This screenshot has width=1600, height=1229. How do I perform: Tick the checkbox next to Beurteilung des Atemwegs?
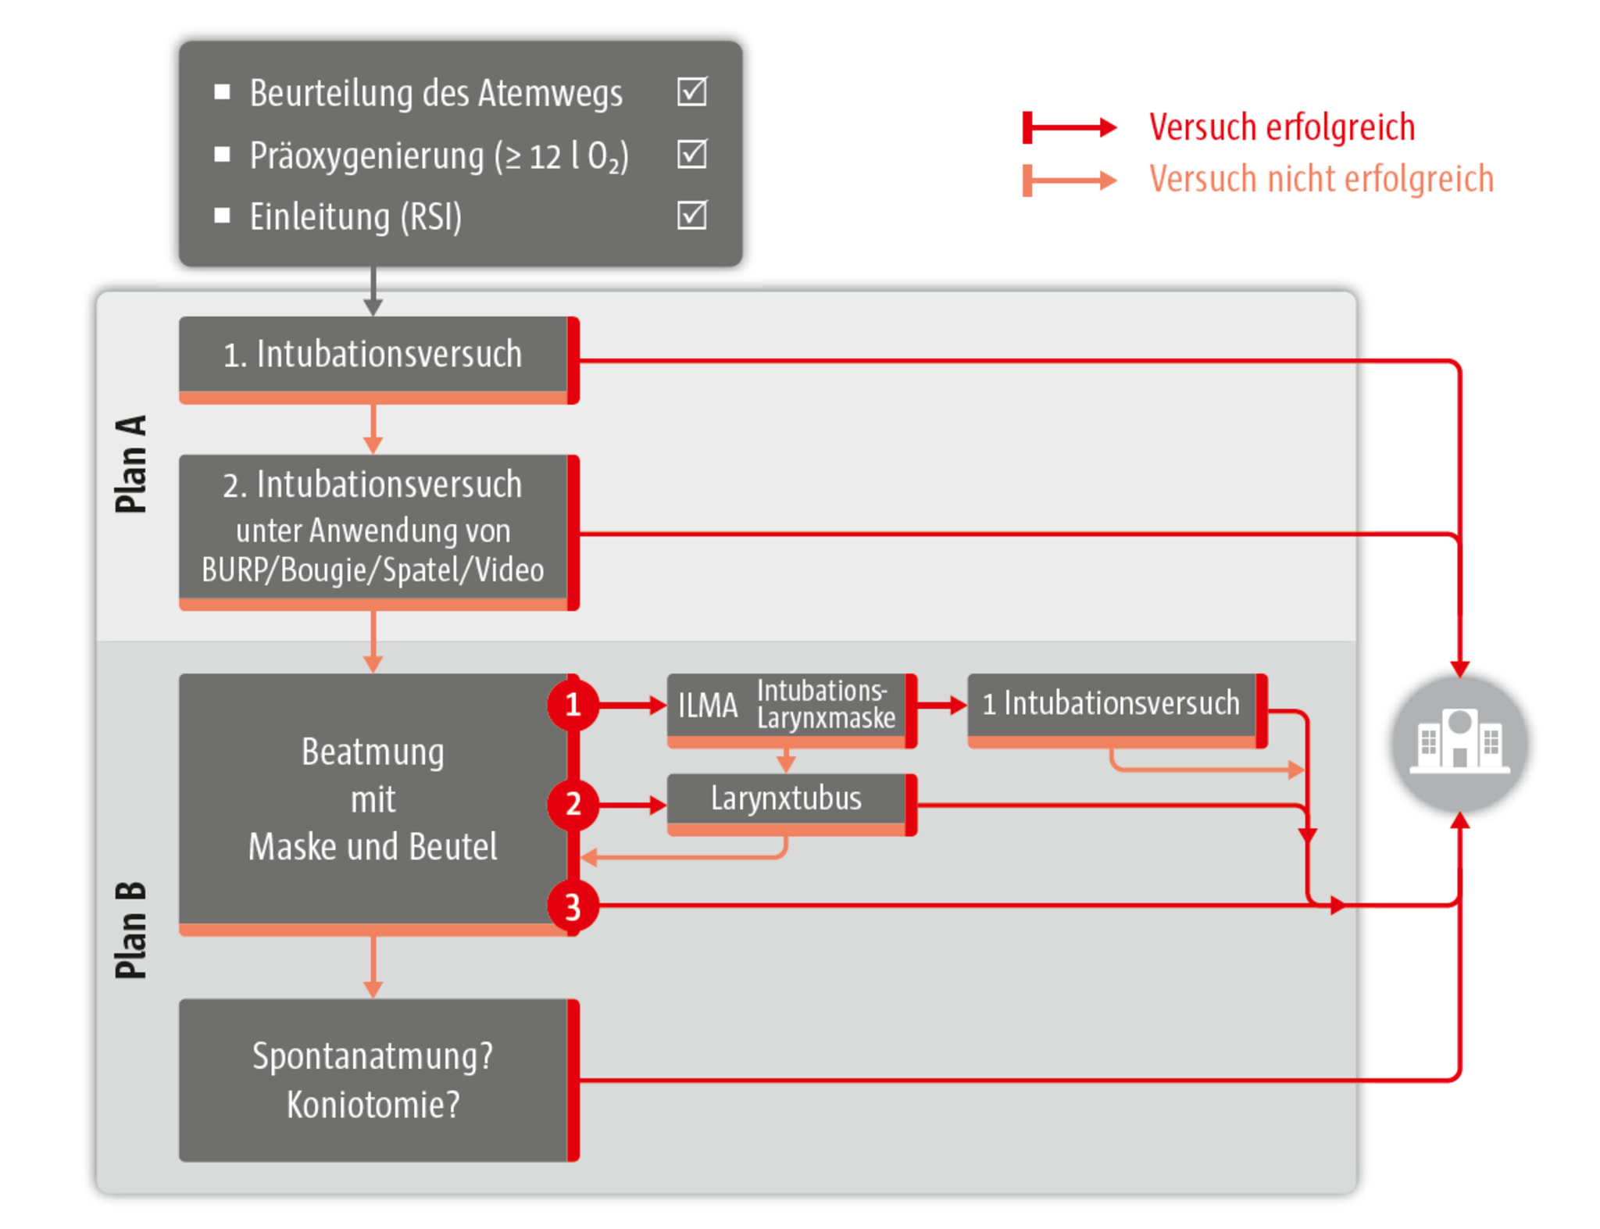click(x=691, y=92)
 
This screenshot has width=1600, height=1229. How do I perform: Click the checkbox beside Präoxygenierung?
click(x=691, y=154)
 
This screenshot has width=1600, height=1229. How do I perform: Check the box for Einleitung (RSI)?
click(x=691, y=216)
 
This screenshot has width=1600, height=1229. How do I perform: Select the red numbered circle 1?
click(x=573, y=705)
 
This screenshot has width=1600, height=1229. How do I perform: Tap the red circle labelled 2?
click(x=573, y=804)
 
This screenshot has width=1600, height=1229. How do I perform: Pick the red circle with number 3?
click(x=573, y=907)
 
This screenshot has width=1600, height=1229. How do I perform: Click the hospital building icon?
click(x=1459, y=743)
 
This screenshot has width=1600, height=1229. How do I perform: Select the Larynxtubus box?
click(x=786, y=799)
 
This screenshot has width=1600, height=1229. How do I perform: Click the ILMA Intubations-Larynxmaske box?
click(x=786, y=705)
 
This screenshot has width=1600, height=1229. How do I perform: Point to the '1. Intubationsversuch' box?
click(x=373, y=354)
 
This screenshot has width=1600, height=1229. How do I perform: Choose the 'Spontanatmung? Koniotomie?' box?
click(x=373, y=1080)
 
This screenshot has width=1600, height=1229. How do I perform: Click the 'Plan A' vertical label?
click(x=130, y=464)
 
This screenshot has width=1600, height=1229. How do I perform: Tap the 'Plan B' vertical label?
click(x=130, y=930)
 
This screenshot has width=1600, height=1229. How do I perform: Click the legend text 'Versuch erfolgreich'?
click(x=1281, y=127)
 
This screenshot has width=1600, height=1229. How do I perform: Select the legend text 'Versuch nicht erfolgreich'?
click(x=1320, y=180)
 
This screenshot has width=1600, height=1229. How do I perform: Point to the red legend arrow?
click(x=1070, y=127)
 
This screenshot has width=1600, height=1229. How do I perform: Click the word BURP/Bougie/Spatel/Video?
click(x=373, y=570)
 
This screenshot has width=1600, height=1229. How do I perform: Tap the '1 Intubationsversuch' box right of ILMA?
click(x=1111, y=704)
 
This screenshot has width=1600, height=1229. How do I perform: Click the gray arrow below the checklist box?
click(x=373, y=292)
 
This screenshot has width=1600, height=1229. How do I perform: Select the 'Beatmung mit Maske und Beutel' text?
click(x=373, y=799)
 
